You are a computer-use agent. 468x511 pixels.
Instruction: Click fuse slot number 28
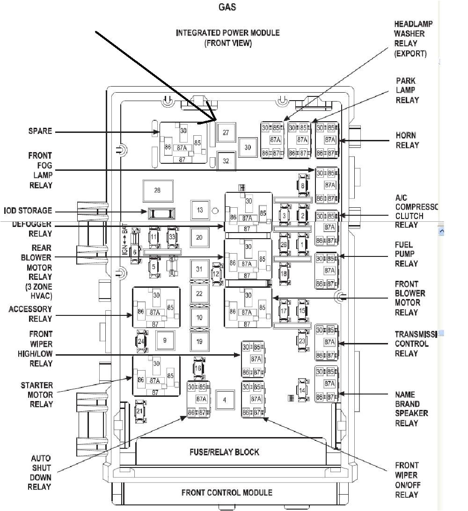click(x=157, y=190)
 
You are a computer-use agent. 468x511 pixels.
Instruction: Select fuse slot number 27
click(x=226, y=133)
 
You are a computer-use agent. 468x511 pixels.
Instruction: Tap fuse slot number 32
click(x=226, y=161)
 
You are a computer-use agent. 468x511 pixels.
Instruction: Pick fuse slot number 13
click(x=200, y=210)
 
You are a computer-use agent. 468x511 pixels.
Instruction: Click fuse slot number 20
click(x=199, y=237)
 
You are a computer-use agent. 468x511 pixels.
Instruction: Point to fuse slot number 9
click(x=165, y=341)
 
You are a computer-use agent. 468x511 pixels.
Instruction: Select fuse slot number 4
click(x=225, y=400)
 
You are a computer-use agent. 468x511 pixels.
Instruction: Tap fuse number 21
click(x=139, y=411)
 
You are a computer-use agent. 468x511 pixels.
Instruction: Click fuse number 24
click(x=141, y=341)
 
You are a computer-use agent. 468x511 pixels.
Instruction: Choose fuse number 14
click(x=302, y=390)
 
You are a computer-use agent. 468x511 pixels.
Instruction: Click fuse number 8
click(x=303, y=186)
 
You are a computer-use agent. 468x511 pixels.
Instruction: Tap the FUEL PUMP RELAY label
click(x=406, y=254)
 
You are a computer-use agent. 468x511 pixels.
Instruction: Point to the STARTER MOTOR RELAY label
click(x=37, y=394)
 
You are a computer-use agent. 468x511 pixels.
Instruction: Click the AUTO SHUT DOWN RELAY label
click(x=41, y=473)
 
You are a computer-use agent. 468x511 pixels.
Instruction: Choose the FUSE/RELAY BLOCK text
click(x=224, y=452)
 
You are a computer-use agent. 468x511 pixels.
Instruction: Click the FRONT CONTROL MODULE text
click(x=227, y=492)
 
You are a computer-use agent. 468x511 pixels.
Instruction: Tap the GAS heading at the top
click(x=227, y=7)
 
